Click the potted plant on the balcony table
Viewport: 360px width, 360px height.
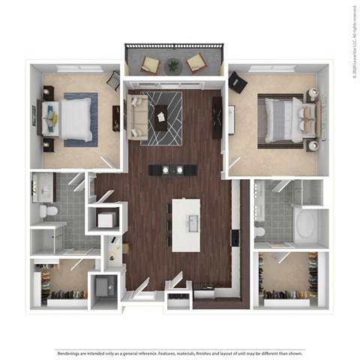coord(173,65)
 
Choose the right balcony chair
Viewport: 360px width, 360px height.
coord(196,63)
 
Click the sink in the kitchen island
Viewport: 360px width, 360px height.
coord(190,223)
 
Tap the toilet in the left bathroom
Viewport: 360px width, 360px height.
coord(49,212)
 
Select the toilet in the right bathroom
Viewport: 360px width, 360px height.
coord(260,231)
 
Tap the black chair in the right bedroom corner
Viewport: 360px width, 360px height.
coord(238,80)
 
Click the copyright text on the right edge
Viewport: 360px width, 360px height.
coord(352,37)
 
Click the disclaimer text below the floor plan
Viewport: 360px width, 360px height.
coord(180,352)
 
